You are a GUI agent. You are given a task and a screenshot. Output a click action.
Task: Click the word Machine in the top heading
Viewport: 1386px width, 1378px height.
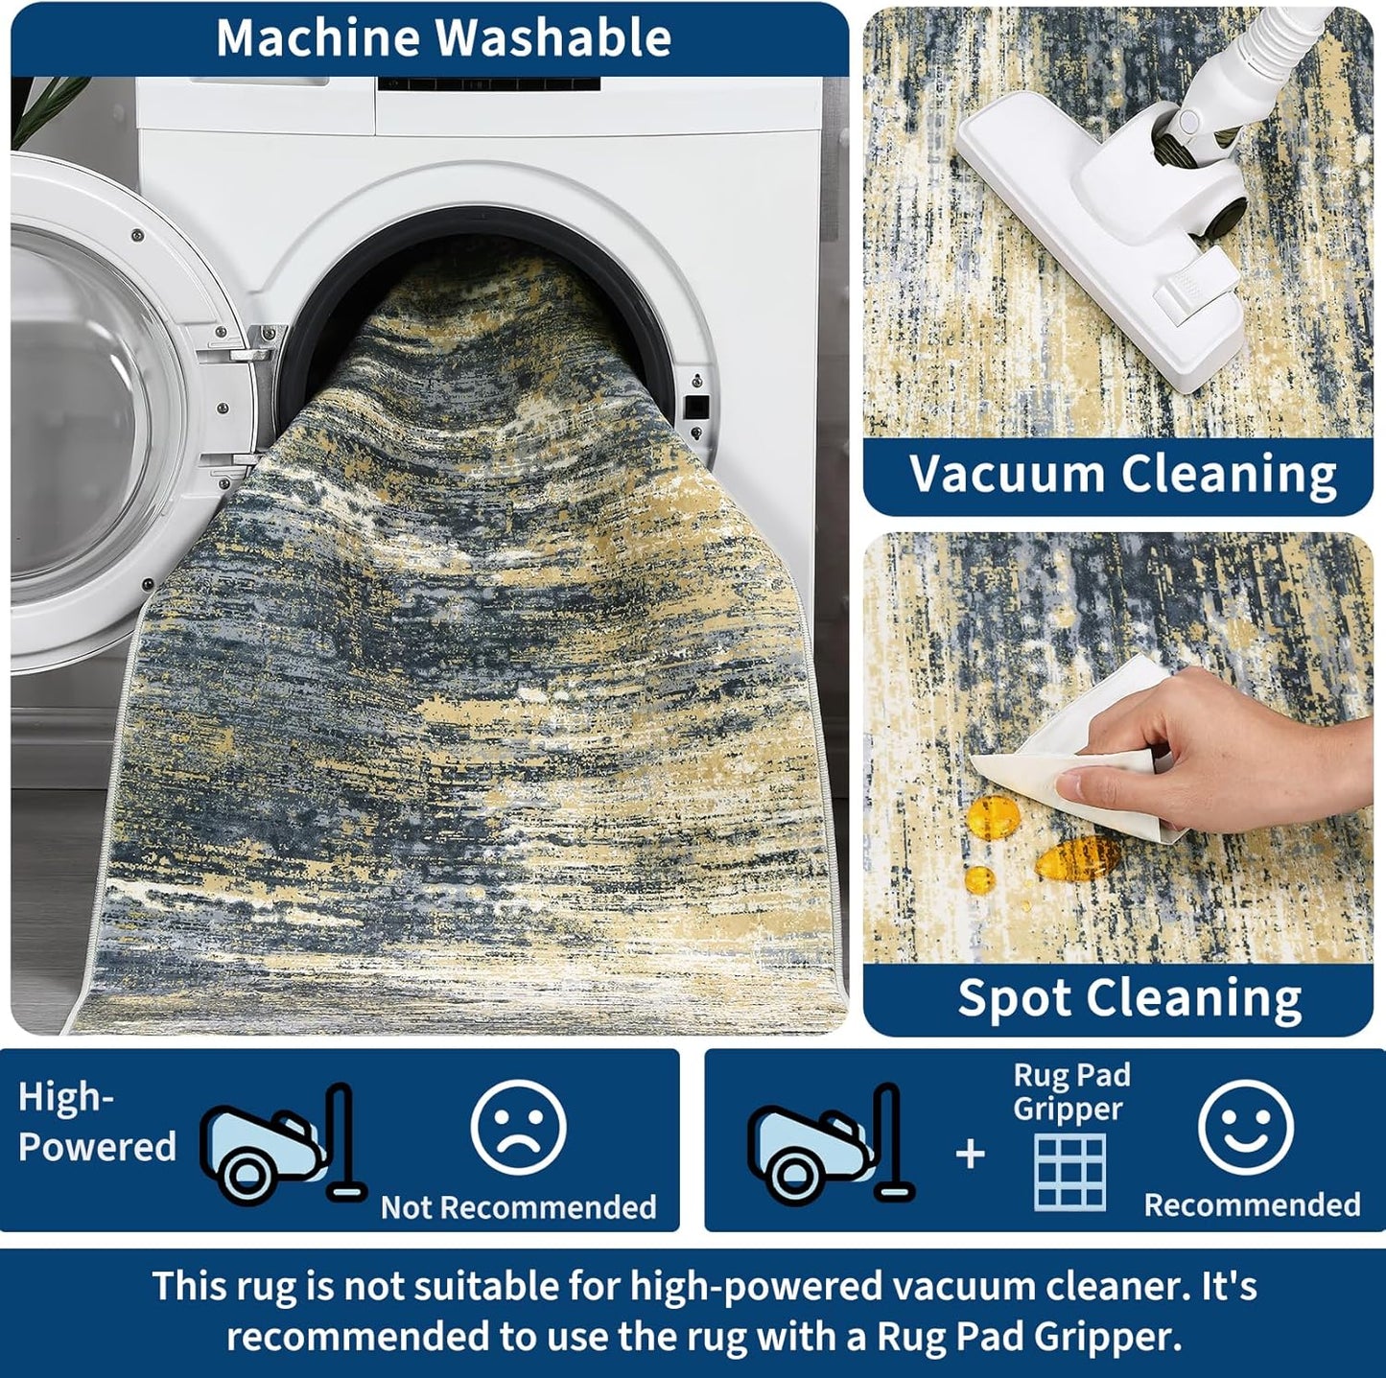coord(317,37)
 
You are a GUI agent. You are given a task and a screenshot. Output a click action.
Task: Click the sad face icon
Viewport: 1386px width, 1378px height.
coord(518,1128)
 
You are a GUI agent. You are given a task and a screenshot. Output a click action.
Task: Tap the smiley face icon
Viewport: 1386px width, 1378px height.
coord(1246,1127)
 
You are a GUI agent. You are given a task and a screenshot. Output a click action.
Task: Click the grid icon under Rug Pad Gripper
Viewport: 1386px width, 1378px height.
coord(1069,1172)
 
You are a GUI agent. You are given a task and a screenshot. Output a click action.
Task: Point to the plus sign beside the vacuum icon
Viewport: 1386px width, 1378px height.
coord(971,1155)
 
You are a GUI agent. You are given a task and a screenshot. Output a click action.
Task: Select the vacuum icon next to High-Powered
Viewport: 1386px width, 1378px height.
coord(283,1143)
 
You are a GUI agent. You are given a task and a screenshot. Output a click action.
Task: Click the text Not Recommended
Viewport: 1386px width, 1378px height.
coord(518,1207)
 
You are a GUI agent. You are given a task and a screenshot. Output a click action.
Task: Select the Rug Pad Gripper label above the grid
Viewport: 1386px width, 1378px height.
coord(1071,1092)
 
